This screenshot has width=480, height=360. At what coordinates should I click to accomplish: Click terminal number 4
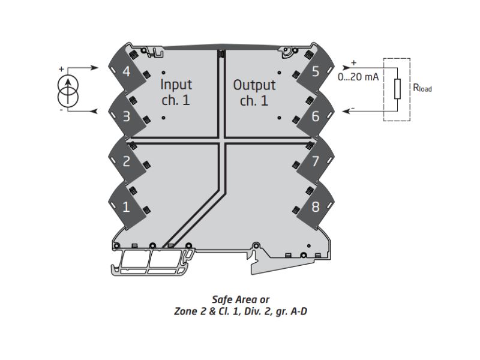point(126,72)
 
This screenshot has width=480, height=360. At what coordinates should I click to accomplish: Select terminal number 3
point(126,116)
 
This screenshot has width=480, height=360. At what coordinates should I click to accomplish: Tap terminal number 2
point(126,161)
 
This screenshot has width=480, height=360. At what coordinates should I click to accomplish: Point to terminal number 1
point(126,207)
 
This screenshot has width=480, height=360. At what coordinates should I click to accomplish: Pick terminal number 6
point(316,116)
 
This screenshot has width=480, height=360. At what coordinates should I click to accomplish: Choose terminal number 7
point(316,161)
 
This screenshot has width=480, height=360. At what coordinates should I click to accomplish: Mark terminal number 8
point(316,207)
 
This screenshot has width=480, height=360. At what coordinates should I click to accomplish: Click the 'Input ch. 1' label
point(176,92)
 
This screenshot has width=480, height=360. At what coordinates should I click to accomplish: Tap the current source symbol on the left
point(71,89)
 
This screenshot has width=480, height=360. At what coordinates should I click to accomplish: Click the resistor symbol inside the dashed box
point(397,89)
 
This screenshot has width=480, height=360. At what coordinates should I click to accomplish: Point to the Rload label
point(422,88)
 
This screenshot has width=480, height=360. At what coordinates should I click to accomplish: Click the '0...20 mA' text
point(358,77)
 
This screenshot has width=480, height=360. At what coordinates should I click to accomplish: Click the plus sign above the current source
point(61,69)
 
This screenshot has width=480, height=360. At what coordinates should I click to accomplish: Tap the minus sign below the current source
point(61,110)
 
